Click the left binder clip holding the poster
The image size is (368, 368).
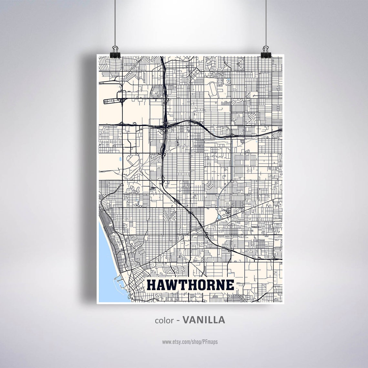tap(115, 52)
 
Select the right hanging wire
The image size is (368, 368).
tap(267, 23)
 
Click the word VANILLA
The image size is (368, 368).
tap(204, 320)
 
